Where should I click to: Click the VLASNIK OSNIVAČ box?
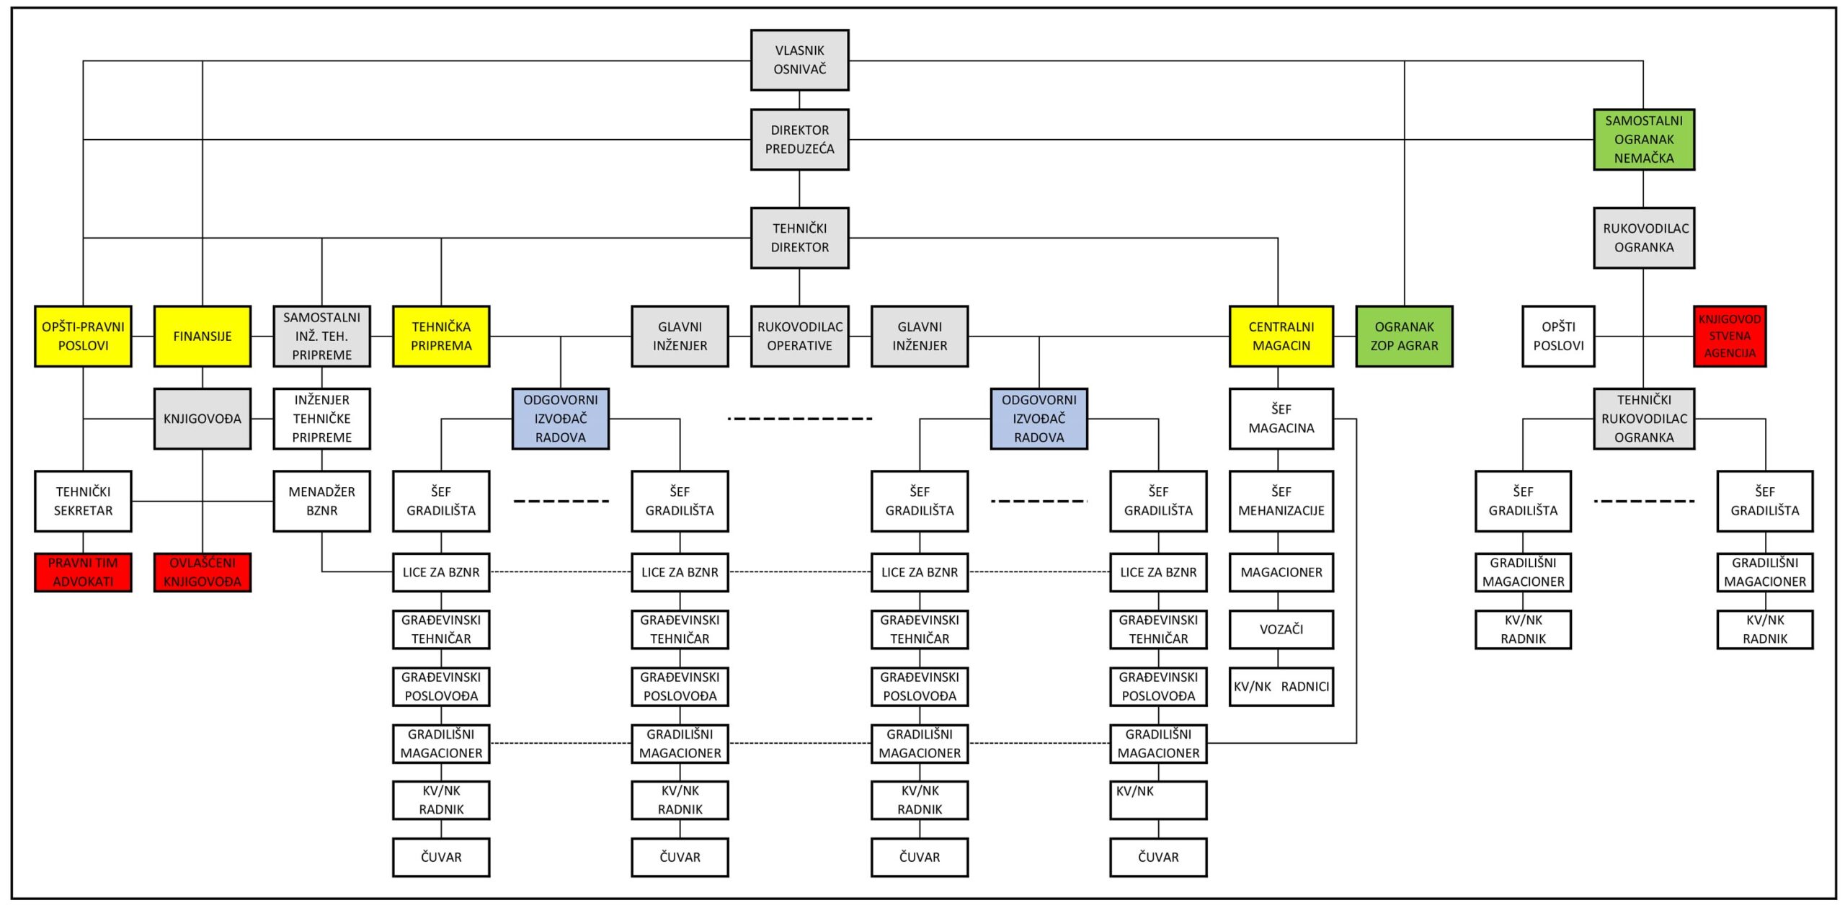tap(799, 60)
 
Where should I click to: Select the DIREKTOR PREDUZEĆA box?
tap(799, 140)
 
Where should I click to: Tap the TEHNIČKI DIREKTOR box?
tap(799, 238)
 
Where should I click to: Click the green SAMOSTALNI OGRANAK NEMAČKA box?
tap(1643, 140)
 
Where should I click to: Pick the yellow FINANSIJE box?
tap(203, 337)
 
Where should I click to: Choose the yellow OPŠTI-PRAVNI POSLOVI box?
tap(83, 337)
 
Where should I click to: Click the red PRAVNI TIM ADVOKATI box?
tap(83, 572)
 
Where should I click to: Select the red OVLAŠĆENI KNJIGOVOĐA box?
tap(203, 572)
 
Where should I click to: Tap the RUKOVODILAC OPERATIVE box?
tap(799, 337)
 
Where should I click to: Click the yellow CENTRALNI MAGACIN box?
tap(1281, 337)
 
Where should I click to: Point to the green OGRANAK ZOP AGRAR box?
tap(1404, 337)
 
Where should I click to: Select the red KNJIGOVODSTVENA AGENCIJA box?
tap(1729, 337)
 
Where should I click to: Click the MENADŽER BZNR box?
tap(321, 502)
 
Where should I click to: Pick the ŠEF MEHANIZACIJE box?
tap(1281, 502)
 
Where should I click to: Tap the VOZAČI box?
tap(1281, 630)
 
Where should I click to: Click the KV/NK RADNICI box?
tap(1281, 687)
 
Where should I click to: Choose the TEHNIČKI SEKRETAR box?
tap(83, 502)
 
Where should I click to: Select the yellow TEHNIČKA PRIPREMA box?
tap(441, 337)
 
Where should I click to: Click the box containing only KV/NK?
tap(1158, 801)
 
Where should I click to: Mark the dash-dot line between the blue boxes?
tap(799, 419)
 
